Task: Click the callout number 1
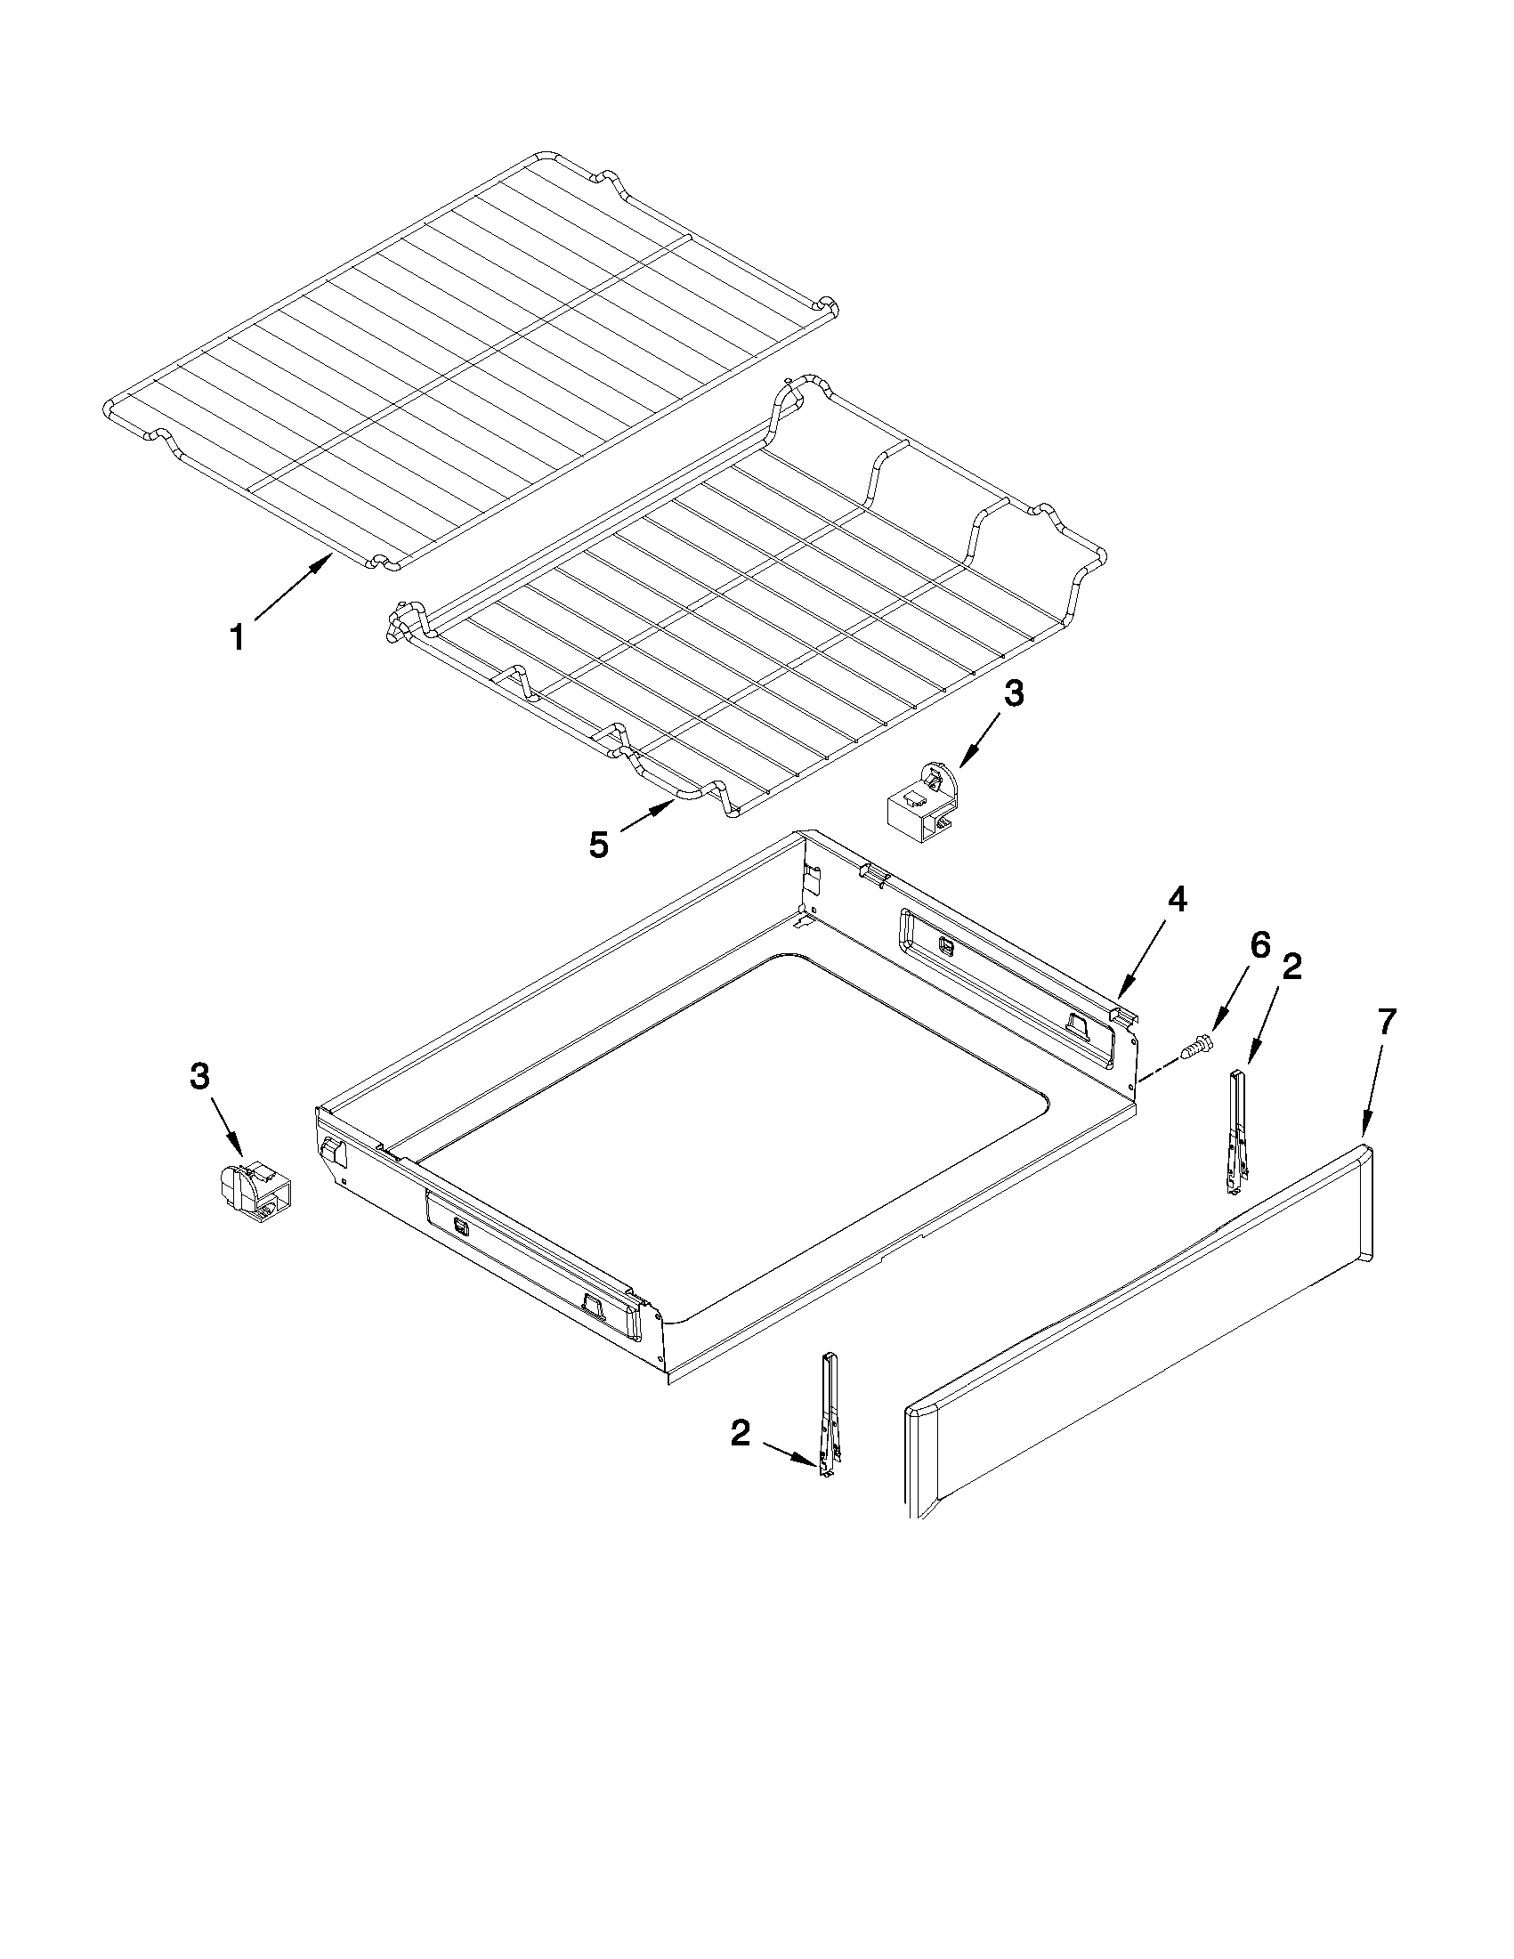pos(237,639)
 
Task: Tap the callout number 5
pos(598,844)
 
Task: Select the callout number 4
pos(1176,900)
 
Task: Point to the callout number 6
pos(1260,945)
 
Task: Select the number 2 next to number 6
pos(1291,967)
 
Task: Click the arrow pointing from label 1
pos(292,587)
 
